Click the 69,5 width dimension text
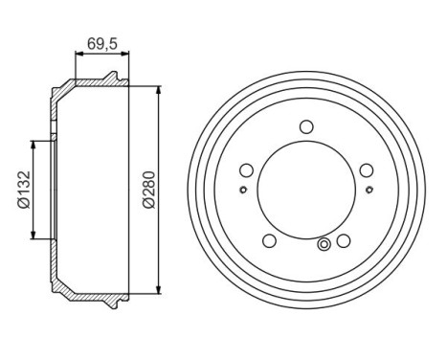click(x=101, y=43)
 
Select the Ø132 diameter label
click(x=20, y=189)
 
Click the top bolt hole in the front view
click(x=306, y=126)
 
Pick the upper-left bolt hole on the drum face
click(x=246, y=170)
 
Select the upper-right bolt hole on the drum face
click(x=367, y=170)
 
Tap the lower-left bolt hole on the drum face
click(x=269, y=241)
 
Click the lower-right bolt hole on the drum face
click(x=344, y=241)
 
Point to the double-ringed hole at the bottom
click(x=325, y=246)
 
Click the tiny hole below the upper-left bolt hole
click(x=244, y=189)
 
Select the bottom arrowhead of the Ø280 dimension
click(x=155, y=290)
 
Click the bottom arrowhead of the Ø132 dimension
click(x=34, y=235)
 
